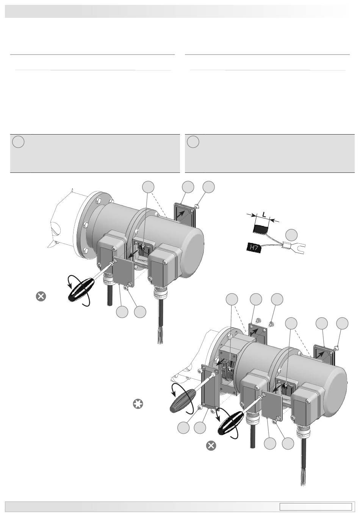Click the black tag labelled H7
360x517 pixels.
(x=253, y=248)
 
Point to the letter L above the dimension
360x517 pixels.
(x=264, y=214)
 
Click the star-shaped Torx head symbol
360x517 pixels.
(x=138, y=404)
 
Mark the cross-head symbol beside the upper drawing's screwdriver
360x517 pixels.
(x=41, y=296)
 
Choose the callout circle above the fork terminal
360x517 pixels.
(x=291, y=235)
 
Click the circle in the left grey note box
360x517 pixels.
(x=18, y=142)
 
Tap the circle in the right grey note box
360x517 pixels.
(x=193, y=142)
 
